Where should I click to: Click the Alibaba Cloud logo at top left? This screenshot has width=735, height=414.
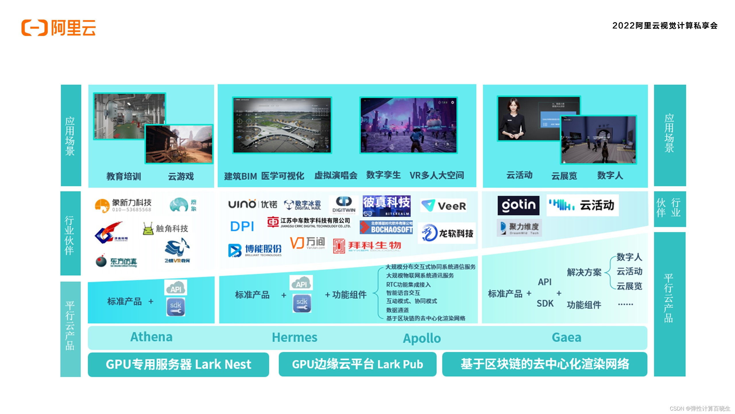[x=58, y=28]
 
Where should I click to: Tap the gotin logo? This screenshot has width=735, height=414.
[x=518, y=205]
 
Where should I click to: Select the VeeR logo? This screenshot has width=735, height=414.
[x=443, y=206]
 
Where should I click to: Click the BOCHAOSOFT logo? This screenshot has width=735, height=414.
[x=386, y=227]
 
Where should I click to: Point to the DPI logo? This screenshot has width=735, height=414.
[x=242, y=227]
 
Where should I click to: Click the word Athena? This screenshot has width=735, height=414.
[x=151, y=337]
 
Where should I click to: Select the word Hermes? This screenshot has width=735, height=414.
[x=295, y=338]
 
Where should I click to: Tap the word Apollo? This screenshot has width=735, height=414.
[x=422, y=338]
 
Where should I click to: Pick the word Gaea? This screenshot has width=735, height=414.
[x=566, y=338]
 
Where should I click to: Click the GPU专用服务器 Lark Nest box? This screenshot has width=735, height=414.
[x=178, y=364]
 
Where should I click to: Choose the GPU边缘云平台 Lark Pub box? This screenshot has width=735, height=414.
[x=357, y=364]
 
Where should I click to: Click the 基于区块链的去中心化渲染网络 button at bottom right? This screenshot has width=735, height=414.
[x=545, y=364]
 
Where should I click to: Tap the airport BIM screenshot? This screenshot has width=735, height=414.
[x=282, y=125]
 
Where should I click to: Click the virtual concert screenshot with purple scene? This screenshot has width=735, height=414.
[x=408, y=125]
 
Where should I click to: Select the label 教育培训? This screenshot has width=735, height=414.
[x=124, y=176]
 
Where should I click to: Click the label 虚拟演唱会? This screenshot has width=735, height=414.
[x=336, y=175]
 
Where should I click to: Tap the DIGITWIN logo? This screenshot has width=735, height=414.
[x=344, y=205]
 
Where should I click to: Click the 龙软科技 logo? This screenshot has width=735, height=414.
[x=447, y=233]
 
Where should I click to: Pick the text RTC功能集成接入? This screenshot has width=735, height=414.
[x=408, y=285]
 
